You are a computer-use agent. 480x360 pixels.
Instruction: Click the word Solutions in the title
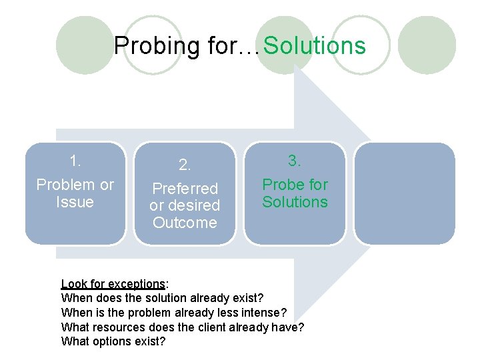[315, 46]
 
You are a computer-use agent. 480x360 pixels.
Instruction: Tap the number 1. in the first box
[75, 161]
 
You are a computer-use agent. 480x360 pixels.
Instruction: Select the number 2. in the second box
[185, 165]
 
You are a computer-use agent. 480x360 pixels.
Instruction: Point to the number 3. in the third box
[295, 161]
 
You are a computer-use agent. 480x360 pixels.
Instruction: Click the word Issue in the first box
[75, 202]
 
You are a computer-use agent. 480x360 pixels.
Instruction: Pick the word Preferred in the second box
[185, 189]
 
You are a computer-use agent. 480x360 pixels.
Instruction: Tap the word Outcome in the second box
[185, 223]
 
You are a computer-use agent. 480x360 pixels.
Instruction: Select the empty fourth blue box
[404, 193]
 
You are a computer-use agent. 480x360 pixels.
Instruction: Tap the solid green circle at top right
[431, 45]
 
